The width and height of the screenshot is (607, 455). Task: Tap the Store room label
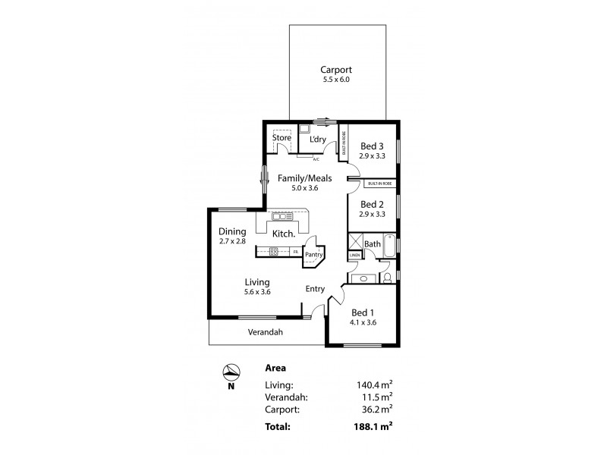[282, 138]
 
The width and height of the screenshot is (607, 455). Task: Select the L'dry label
[317, 139]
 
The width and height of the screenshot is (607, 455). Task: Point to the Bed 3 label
[372, 146]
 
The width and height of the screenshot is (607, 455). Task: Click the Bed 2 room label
[372, 204]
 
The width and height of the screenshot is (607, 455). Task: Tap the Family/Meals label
[304, 178]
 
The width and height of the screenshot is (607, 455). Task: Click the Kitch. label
[283, 234]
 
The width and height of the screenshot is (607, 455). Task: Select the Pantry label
[314, 255]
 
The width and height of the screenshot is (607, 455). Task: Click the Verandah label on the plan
[266, 332]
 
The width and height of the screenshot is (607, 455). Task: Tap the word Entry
[316, 288]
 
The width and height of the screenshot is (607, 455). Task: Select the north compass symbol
[231, 372]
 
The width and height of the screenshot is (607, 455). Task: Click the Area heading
[275, 368]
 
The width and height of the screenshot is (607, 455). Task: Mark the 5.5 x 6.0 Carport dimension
[335, 80]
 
